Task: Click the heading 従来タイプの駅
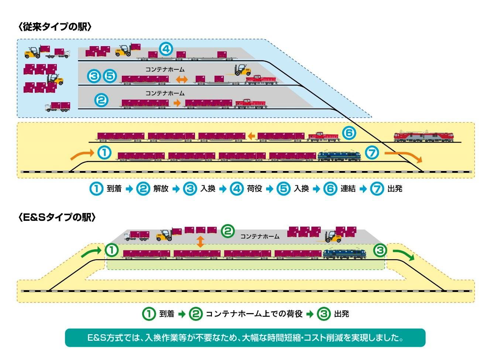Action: pos(55,27)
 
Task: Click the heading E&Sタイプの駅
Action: pos(57,217)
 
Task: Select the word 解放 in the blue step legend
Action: pos(161,189)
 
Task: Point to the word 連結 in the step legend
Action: pos(348,189)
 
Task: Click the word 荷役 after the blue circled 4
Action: pos(254,189)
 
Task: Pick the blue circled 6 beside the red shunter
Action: pos(349,133)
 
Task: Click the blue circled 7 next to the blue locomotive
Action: pos(372,152)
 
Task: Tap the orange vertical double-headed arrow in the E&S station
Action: pos(200,241)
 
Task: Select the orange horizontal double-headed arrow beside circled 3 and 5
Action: pos(182,79)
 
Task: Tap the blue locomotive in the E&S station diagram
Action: pos(344,253)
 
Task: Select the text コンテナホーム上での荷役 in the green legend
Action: pos(254,314)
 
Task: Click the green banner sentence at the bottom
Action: pos(245,337)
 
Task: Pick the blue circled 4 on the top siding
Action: pos(166,49)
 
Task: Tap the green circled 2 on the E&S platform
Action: pos(228,231)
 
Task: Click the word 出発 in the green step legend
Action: pos(342,314)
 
